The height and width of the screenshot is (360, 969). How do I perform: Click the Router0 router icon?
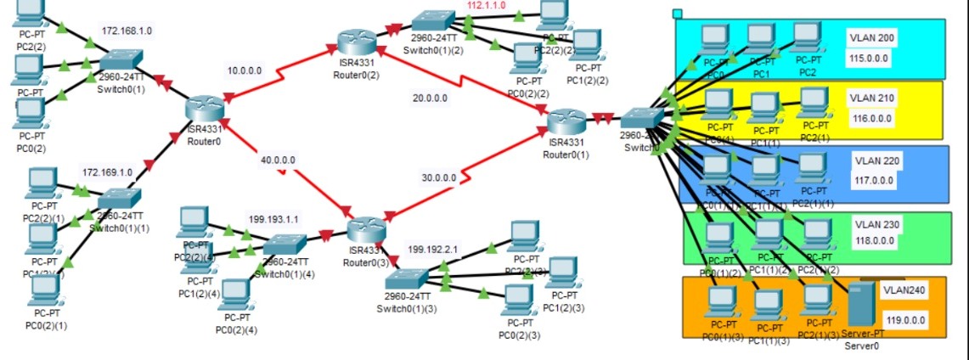tap(205, 109)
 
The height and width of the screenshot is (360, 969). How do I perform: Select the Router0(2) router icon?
tap(355, 42)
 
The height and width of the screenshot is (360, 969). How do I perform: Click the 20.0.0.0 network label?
tap(430, 98)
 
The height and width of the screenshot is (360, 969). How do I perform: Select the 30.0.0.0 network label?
tap(439, 178)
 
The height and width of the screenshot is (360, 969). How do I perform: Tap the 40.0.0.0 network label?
tap(279, 159)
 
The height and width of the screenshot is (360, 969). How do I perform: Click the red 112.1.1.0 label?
tap(487, 5)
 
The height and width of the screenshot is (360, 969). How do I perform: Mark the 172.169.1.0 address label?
tap(107, 172)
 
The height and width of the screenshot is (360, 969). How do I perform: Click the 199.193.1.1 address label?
tap(273, 219)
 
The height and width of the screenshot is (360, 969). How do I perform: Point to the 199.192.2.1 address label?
tap(433, 250)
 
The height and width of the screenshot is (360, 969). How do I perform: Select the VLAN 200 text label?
tap(870, 38)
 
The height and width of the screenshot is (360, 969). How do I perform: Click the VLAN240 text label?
tap(902, 290)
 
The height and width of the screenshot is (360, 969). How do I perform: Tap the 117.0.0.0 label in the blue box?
tap(872, 180)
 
